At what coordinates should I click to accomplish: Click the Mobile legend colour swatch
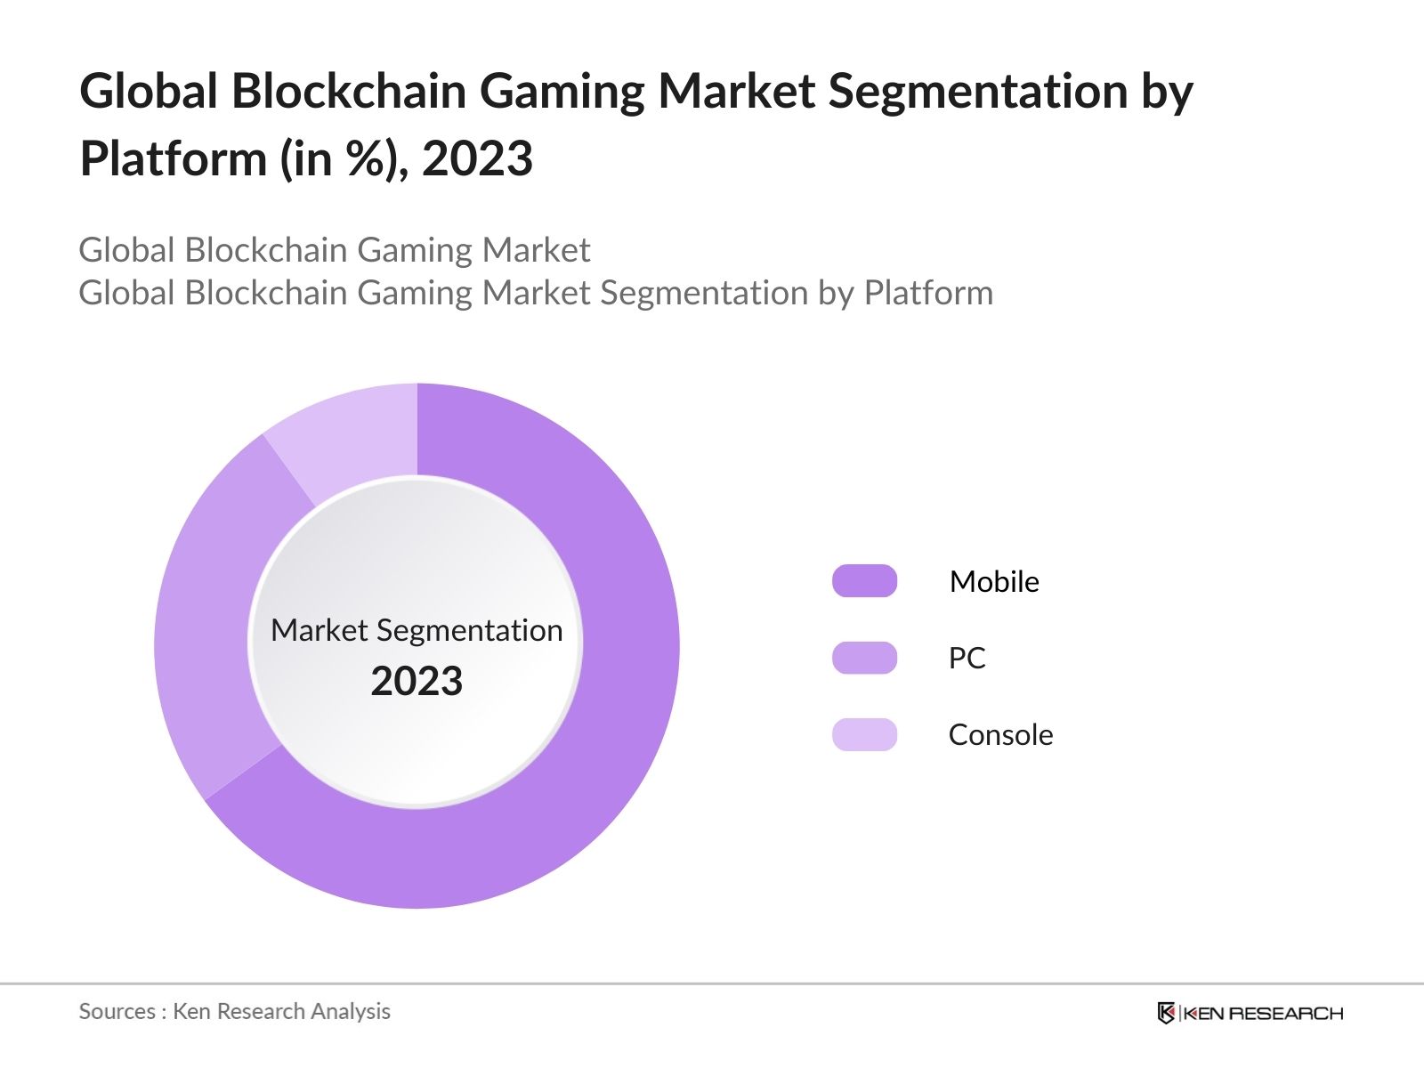pyautogui.click(x=864, y=581)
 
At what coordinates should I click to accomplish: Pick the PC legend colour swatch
pyautogui.click(x=864, y=658)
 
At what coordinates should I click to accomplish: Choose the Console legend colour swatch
pyautogui.click(x=864, y=734)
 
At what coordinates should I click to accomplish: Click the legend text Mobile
pyautogui.click(x=994, y=581)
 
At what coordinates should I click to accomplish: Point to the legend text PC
pyautogui.click(x=967, y=658)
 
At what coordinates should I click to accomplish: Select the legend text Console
pyautogui.click(x=1000, y=734)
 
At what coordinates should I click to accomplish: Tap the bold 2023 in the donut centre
pyautogui.click(x=417, y=681)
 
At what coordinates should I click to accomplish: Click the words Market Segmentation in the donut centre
pyautogui.click(x=417, y=630)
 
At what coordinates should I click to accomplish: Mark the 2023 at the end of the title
pyautogui.click(x=477, y=158)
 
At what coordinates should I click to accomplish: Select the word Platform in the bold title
pyautogui.click(x=173, y=158)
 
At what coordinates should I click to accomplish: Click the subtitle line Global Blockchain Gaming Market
pyautogui.click(x=334, y=250)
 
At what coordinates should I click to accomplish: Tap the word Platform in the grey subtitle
pyautogui.click(x=928, y=293)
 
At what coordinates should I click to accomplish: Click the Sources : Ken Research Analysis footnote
pyautogui.click(x=234, y=1011)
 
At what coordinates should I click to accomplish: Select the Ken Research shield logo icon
pyautogui.click(x=1166, y=1013)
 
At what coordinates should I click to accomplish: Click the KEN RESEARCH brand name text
pyautogui.click(x=1262, y=1013)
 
